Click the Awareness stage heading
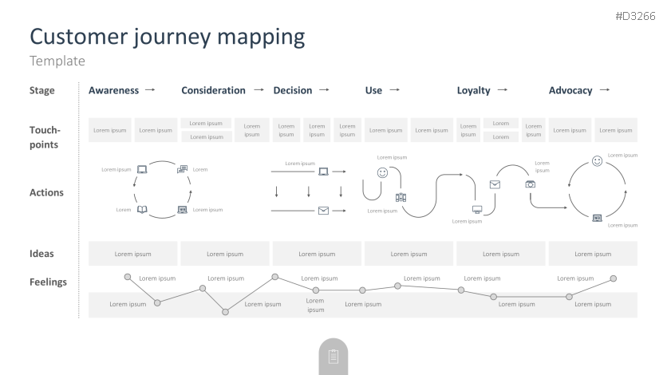(113, 90)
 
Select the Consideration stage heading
(213, 90)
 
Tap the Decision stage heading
(292, 90)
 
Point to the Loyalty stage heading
(473, 90)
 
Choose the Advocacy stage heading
(570, 90)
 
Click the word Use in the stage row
(373, 90)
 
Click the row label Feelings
(48, 282)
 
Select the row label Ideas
(41, 254)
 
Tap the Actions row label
(46, 192)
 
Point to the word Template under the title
(57, 61)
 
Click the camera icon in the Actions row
(531, 184)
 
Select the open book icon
(142, 210)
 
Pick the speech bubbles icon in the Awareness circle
(183, 169)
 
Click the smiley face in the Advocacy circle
(598, 161)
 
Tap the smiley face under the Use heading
(382, 172)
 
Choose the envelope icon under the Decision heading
(323, 211)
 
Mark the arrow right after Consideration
(259, 90)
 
